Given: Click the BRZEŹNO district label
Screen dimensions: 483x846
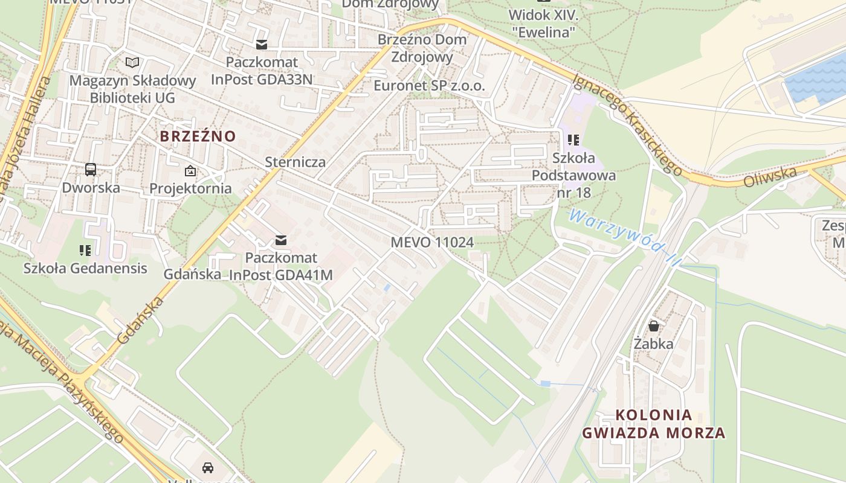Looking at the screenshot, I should [198, 136].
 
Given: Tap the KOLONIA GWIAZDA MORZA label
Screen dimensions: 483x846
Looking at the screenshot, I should [654, 424].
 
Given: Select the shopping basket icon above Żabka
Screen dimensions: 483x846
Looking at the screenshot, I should [654, 326].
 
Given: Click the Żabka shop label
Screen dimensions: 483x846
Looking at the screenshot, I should [654, 344].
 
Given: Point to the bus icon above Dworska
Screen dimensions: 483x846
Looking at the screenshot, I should [91, 170].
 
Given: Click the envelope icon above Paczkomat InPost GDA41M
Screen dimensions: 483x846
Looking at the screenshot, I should [281, 240].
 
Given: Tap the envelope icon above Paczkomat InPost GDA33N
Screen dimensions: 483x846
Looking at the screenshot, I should [262, 44].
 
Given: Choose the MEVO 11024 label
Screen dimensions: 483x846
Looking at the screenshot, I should [431, 242].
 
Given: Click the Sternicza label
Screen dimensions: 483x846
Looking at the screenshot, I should [295, 162].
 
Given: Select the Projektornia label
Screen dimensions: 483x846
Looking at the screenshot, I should [190, 188].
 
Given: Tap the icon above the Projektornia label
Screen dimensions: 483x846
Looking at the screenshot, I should [190, 171].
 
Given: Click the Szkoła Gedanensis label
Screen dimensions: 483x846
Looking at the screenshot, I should [85, 268].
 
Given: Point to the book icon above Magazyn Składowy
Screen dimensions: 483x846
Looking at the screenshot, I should [132, 62].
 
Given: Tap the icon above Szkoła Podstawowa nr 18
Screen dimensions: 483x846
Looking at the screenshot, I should [573, 140].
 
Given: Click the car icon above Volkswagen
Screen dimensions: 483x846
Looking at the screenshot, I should [208, 467].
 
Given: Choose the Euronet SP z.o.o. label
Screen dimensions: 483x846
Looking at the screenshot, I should [429, 86].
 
